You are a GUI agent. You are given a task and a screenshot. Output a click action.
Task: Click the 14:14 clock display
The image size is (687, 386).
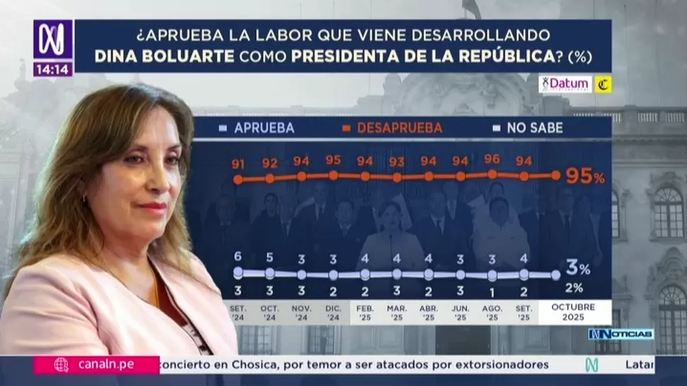pos(52,69)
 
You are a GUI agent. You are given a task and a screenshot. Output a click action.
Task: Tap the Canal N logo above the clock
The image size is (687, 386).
pos(52,40)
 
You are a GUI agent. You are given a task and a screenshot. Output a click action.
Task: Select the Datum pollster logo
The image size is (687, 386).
pos(565,84)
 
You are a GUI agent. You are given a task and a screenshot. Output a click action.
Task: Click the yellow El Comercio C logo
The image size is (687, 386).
pos(603,84)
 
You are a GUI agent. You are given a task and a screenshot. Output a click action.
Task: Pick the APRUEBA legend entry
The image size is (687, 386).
pos(256,128)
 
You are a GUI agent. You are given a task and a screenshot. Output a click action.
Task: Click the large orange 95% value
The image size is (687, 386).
pos(584,176)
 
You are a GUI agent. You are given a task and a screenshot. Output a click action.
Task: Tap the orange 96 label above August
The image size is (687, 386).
pos(492,159)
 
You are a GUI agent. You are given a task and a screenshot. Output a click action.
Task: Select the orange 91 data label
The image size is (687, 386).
pos(238,164)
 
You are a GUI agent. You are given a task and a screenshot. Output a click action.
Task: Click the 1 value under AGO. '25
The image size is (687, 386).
pos(492,291)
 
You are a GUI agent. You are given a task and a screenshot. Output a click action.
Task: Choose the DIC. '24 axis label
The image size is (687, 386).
pos(333,312)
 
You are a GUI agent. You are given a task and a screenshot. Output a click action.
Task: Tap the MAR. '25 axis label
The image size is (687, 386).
pos(397,312)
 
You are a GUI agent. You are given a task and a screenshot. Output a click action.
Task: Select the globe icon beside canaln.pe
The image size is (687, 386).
pos(62,365)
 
